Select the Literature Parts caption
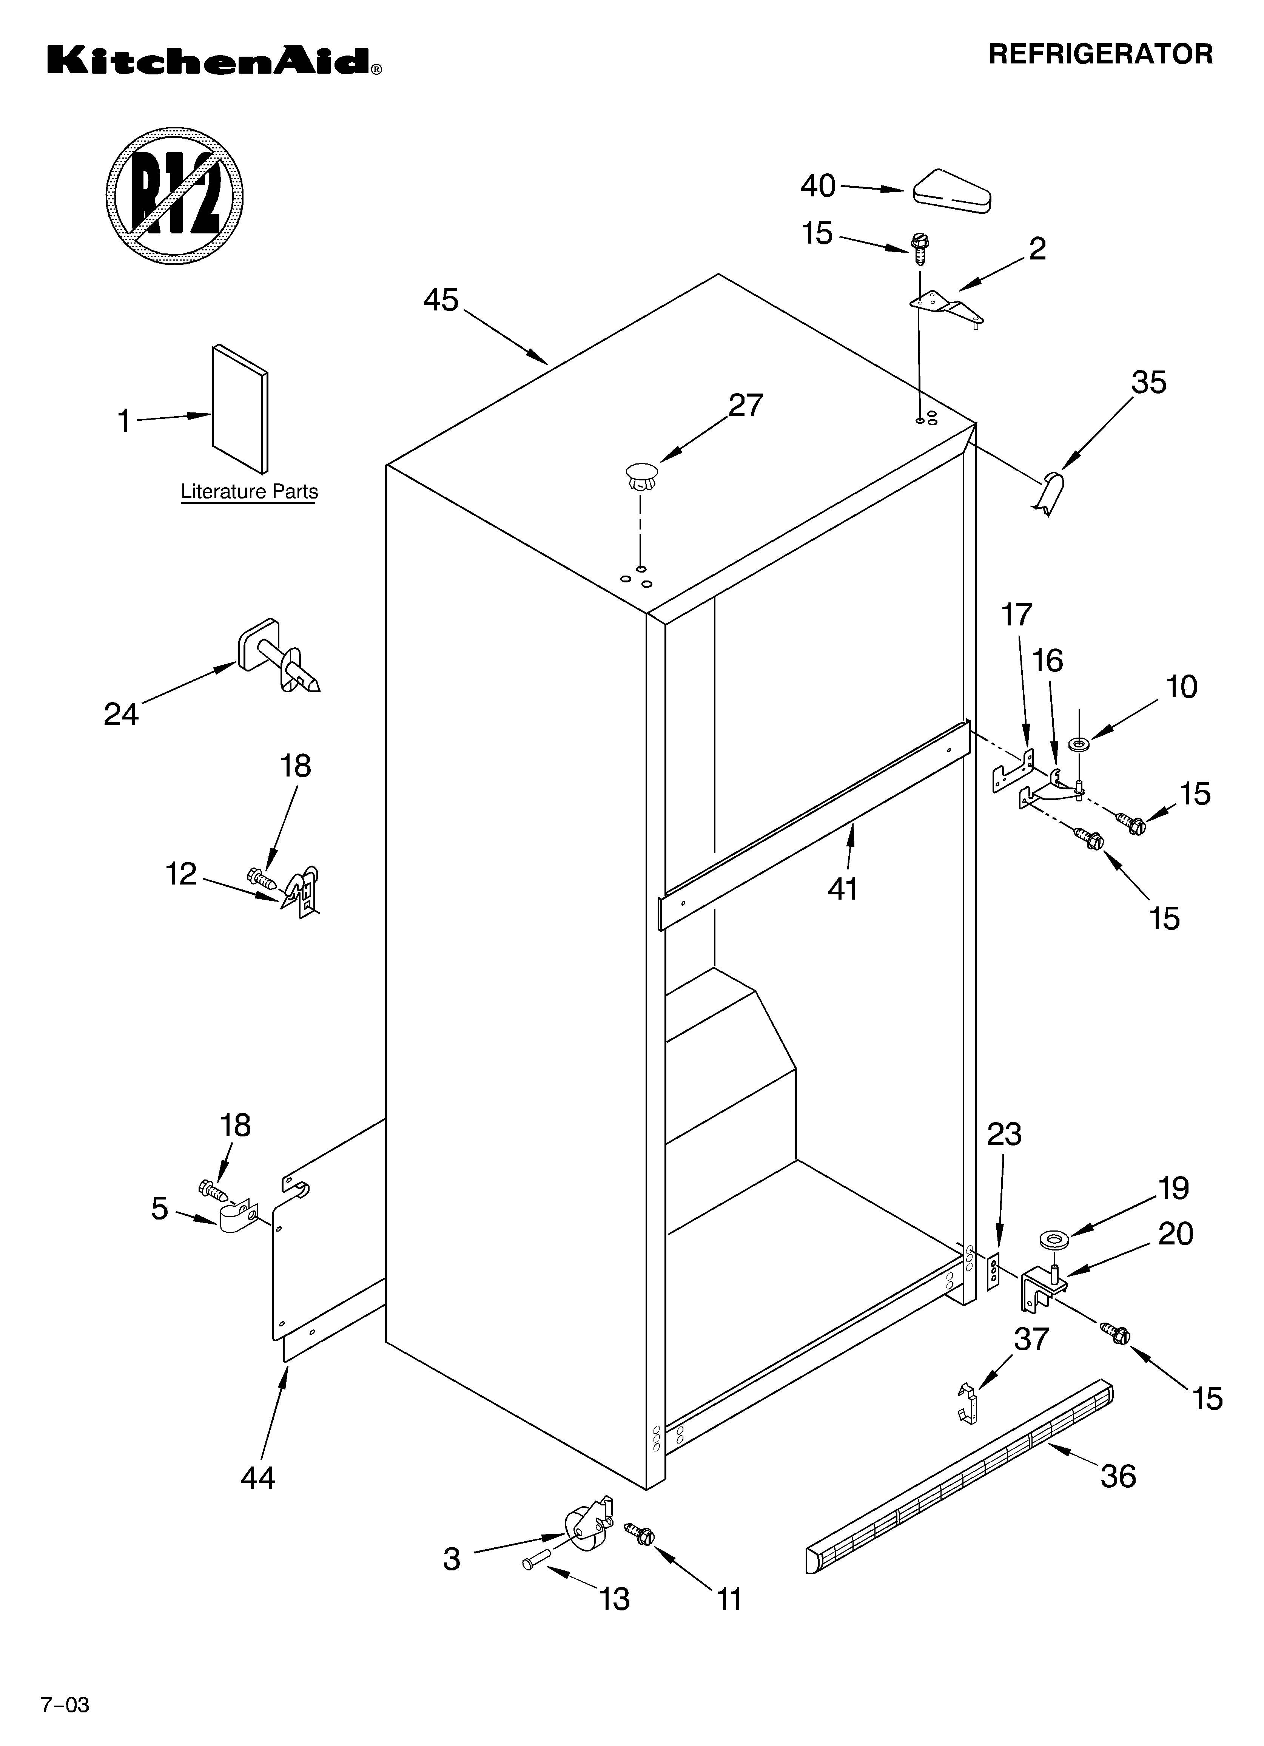tap(249, 491)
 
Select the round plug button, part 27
tap(641, 475)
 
